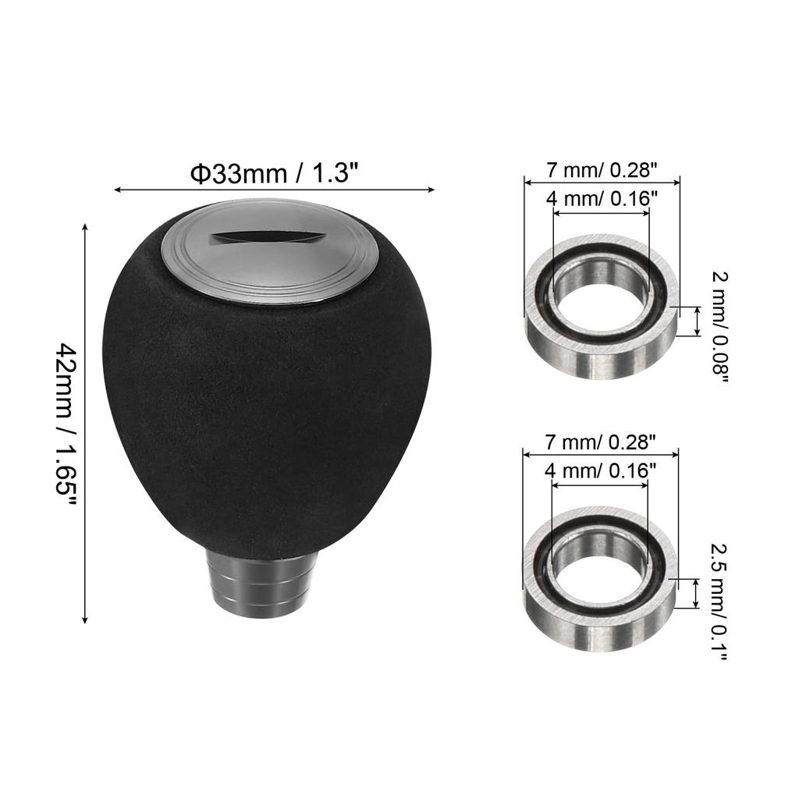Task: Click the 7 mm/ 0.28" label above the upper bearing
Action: pos(602,169)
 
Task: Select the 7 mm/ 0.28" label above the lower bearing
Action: pos(601,442)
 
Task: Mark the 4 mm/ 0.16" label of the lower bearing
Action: pos(599,470)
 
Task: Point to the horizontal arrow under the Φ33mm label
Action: pos(274,189)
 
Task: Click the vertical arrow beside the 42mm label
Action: pos(85,422)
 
